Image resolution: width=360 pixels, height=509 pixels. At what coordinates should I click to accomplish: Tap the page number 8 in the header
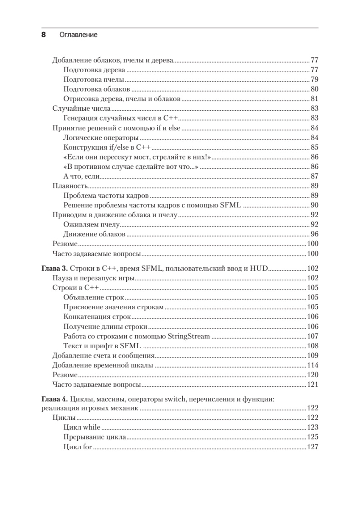tap(43, 35)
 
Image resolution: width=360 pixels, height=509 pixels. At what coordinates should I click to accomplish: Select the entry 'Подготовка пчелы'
tap(94, 79)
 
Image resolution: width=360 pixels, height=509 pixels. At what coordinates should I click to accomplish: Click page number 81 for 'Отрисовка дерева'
tap(314, 99)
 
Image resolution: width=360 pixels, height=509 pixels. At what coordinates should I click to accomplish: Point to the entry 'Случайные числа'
tap(75, 109)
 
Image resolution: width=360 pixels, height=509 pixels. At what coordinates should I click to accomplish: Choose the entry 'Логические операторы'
tap(101, 138)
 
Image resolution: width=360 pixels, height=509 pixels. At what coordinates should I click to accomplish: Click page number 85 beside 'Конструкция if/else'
tap(314, 148)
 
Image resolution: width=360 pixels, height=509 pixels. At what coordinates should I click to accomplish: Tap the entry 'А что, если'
tap(81, 176)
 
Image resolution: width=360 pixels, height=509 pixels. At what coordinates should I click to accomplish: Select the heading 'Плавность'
tap(70, 186)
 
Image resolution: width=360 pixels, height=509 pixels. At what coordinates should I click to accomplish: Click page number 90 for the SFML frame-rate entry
tap(314, 206)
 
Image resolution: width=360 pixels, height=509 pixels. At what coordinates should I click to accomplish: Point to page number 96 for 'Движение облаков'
tap(314, 235)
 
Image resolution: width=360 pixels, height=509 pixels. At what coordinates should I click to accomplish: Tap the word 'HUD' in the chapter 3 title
tap(258, 269)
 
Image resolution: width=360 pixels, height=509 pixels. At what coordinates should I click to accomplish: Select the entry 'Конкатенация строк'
tap(97, 317)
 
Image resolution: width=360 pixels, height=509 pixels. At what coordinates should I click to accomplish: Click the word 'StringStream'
tap(189, 336)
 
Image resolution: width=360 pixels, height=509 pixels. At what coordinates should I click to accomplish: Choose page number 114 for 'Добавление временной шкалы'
tap(312, 366)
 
